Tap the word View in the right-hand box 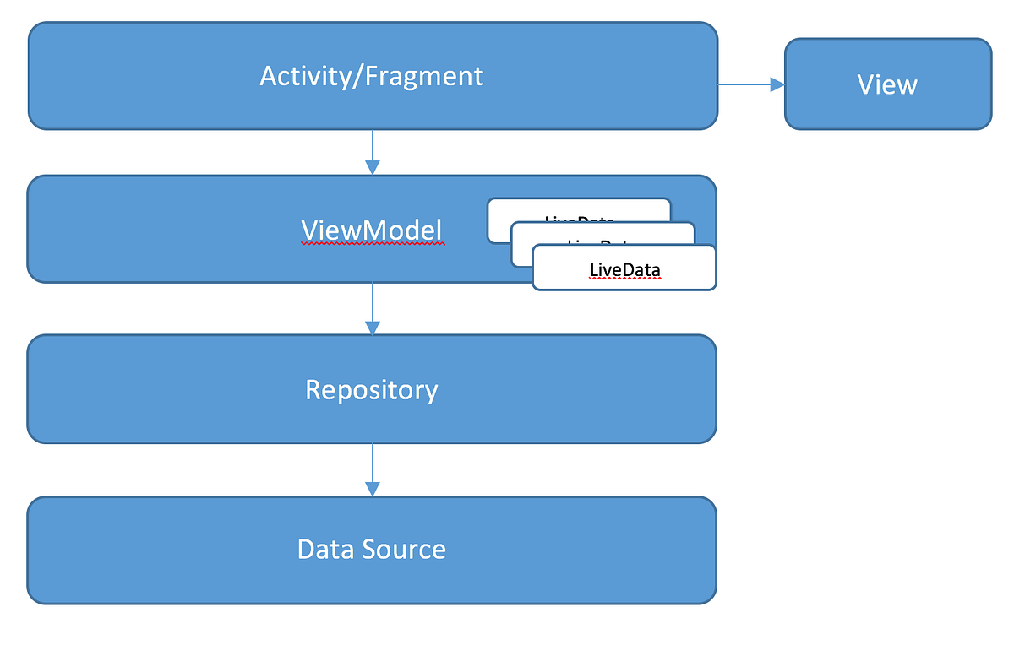click(887, 84)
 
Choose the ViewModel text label click(372, 230)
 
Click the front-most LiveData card click(624, 269)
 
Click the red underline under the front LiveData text click(624, 279)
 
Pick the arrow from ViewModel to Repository click(372, 307)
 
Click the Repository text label click(372, 389)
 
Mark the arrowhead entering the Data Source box click(372, 488)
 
